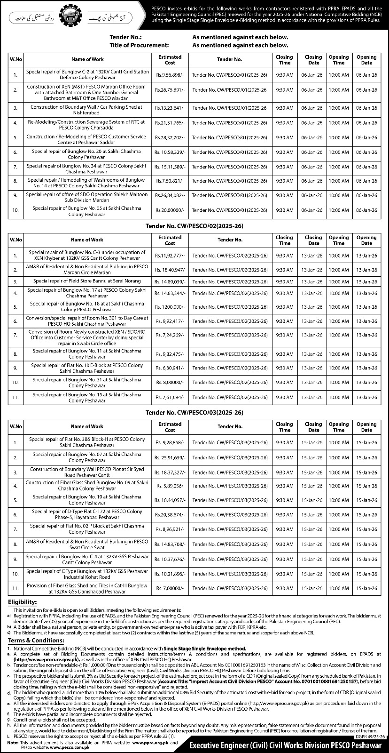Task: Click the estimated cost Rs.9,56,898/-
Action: [170, 75]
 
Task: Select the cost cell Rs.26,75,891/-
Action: [170, 90]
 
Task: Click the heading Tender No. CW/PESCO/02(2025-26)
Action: [194, 226]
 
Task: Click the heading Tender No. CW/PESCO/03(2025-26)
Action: [194, 413]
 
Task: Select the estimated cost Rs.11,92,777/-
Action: [170, 256]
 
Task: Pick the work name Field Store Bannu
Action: [87, 281]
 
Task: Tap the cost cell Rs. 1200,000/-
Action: [170, 307]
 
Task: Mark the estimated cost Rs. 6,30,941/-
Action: [170, 368]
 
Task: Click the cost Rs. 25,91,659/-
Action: [170, 457]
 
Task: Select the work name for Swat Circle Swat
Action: [87, 545]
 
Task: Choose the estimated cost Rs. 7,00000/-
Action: [170, 588]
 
